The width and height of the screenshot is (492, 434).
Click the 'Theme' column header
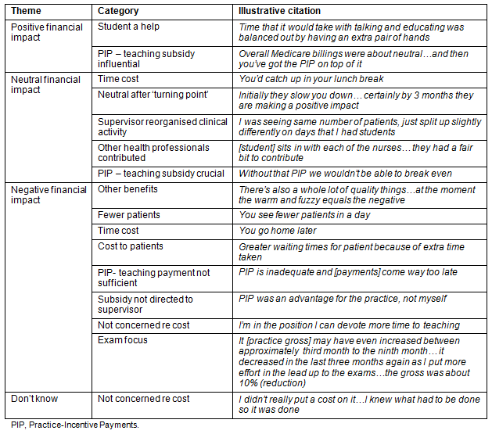pos(28,12)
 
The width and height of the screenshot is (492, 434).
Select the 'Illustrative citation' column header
pos(279,12)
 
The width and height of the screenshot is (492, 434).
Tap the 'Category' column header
pos(118,12)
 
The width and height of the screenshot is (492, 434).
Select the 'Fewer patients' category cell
pos(129,215)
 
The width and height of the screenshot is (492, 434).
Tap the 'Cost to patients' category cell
pos(131,246)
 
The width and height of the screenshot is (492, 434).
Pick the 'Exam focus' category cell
pos(124,341)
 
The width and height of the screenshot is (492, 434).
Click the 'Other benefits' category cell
pos(127,189)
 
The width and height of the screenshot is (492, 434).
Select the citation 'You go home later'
pos(278,231)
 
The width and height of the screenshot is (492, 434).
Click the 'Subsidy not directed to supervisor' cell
pos(145,304)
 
